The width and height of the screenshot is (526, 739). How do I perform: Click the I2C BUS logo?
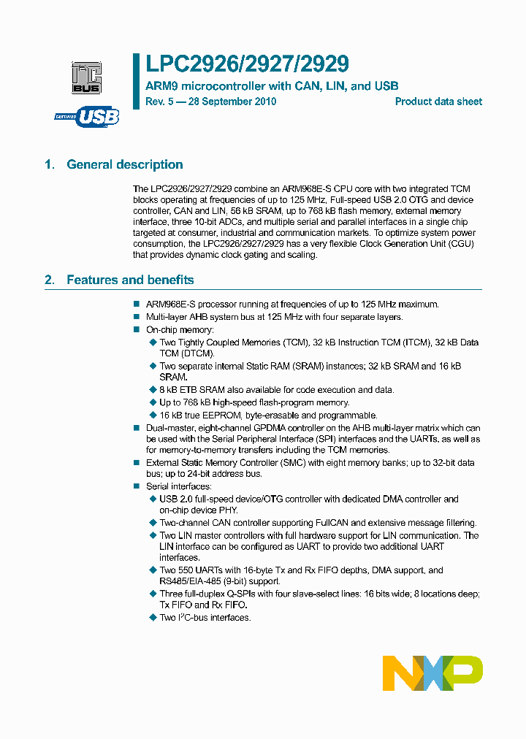click(x=86, y=77)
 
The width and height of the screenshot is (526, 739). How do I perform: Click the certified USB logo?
click(x=86, y=116)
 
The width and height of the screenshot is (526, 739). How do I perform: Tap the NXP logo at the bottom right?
click(x=432, y=673)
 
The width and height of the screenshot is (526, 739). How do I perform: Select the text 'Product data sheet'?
click(x=438, y=102)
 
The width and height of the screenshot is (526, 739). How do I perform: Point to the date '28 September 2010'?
click(x=232, y=102)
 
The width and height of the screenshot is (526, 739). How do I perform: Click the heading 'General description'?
click(x=125, y=165)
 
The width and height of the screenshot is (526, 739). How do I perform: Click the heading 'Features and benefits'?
click(x=130, y=280)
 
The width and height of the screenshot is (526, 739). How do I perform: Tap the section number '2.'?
click(x=50, y=280)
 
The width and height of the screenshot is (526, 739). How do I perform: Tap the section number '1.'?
click(x=50, y=165)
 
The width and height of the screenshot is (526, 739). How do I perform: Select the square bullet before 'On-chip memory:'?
click(x=136, y=330)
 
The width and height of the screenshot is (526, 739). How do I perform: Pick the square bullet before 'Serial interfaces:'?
click(x=136, y=486)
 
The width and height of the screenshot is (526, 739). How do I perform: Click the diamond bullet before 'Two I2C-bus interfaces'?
click(x=153, y=618)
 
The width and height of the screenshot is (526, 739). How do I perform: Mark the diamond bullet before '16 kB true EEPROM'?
click(x=153, y=416)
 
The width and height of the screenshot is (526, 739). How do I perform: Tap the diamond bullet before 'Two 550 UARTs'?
click(x=153, y=571)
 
